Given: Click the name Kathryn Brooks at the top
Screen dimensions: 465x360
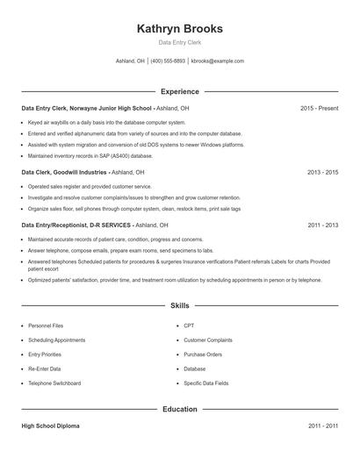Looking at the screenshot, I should (x=179, y=29).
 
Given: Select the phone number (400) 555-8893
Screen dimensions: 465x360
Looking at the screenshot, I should (x=168, y=61).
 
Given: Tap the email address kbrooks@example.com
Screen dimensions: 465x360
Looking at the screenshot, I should (x=218, y=61).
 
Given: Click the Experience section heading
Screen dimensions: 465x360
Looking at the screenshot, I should (x=179, y=91).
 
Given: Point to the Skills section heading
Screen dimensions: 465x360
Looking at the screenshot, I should (x=179, y=306).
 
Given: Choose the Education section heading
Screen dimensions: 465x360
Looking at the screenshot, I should (x=179, y=409).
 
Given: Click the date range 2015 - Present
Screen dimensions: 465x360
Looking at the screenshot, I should (x=319, y=108).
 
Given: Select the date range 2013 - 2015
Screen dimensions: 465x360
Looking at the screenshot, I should (x=322, y=173).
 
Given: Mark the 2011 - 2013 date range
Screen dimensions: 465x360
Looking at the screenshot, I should (x=322, y=225).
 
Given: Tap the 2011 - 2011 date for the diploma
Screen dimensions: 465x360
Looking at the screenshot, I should (x=322, y=426).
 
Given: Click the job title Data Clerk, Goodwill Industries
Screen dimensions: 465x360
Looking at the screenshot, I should (x=64, y=173).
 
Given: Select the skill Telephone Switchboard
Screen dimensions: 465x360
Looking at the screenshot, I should (x=54, y=383).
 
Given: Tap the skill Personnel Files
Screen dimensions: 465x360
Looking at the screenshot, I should (x=46, y=325).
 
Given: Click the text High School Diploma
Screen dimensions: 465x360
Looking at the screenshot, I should (x=50, y=426).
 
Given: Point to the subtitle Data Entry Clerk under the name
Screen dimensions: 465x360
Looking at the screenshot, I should (x=179, y=42).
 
